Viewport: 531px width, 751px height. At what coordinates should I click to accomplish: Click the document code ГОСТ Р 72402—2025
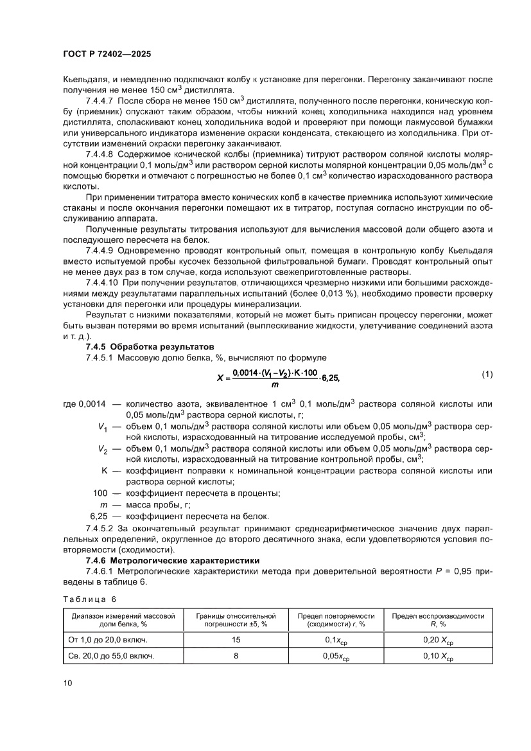(x=107, y=55)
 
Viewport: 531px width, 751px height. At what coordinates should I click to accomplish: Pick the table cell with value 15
(x=236, y=640)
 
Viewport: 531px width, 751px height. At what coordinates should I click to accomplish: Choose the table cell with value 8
(x=236, y=656)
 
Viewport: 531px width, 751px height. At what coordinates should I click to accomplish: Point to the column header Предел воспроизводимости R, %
(x=438, y=619)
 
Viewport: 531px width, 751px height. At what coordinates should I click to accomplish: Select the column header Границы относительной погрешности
(x=236, y=619)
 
